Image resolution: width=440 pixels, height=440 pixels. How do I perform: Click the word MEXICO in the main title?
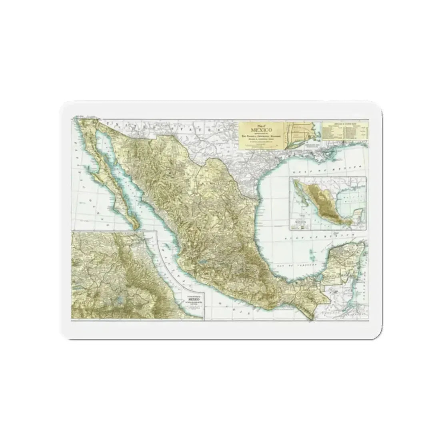[261, 130]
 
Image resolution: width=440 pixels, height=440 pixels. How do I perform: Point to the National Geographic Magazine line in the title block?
[261, 136]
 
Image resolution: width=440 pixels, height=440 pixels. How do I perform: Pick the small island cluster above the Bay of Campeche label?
[312, 253]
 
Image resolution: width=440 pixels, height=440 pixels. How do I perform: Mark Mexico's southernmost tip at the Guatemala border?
[310, 318]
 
